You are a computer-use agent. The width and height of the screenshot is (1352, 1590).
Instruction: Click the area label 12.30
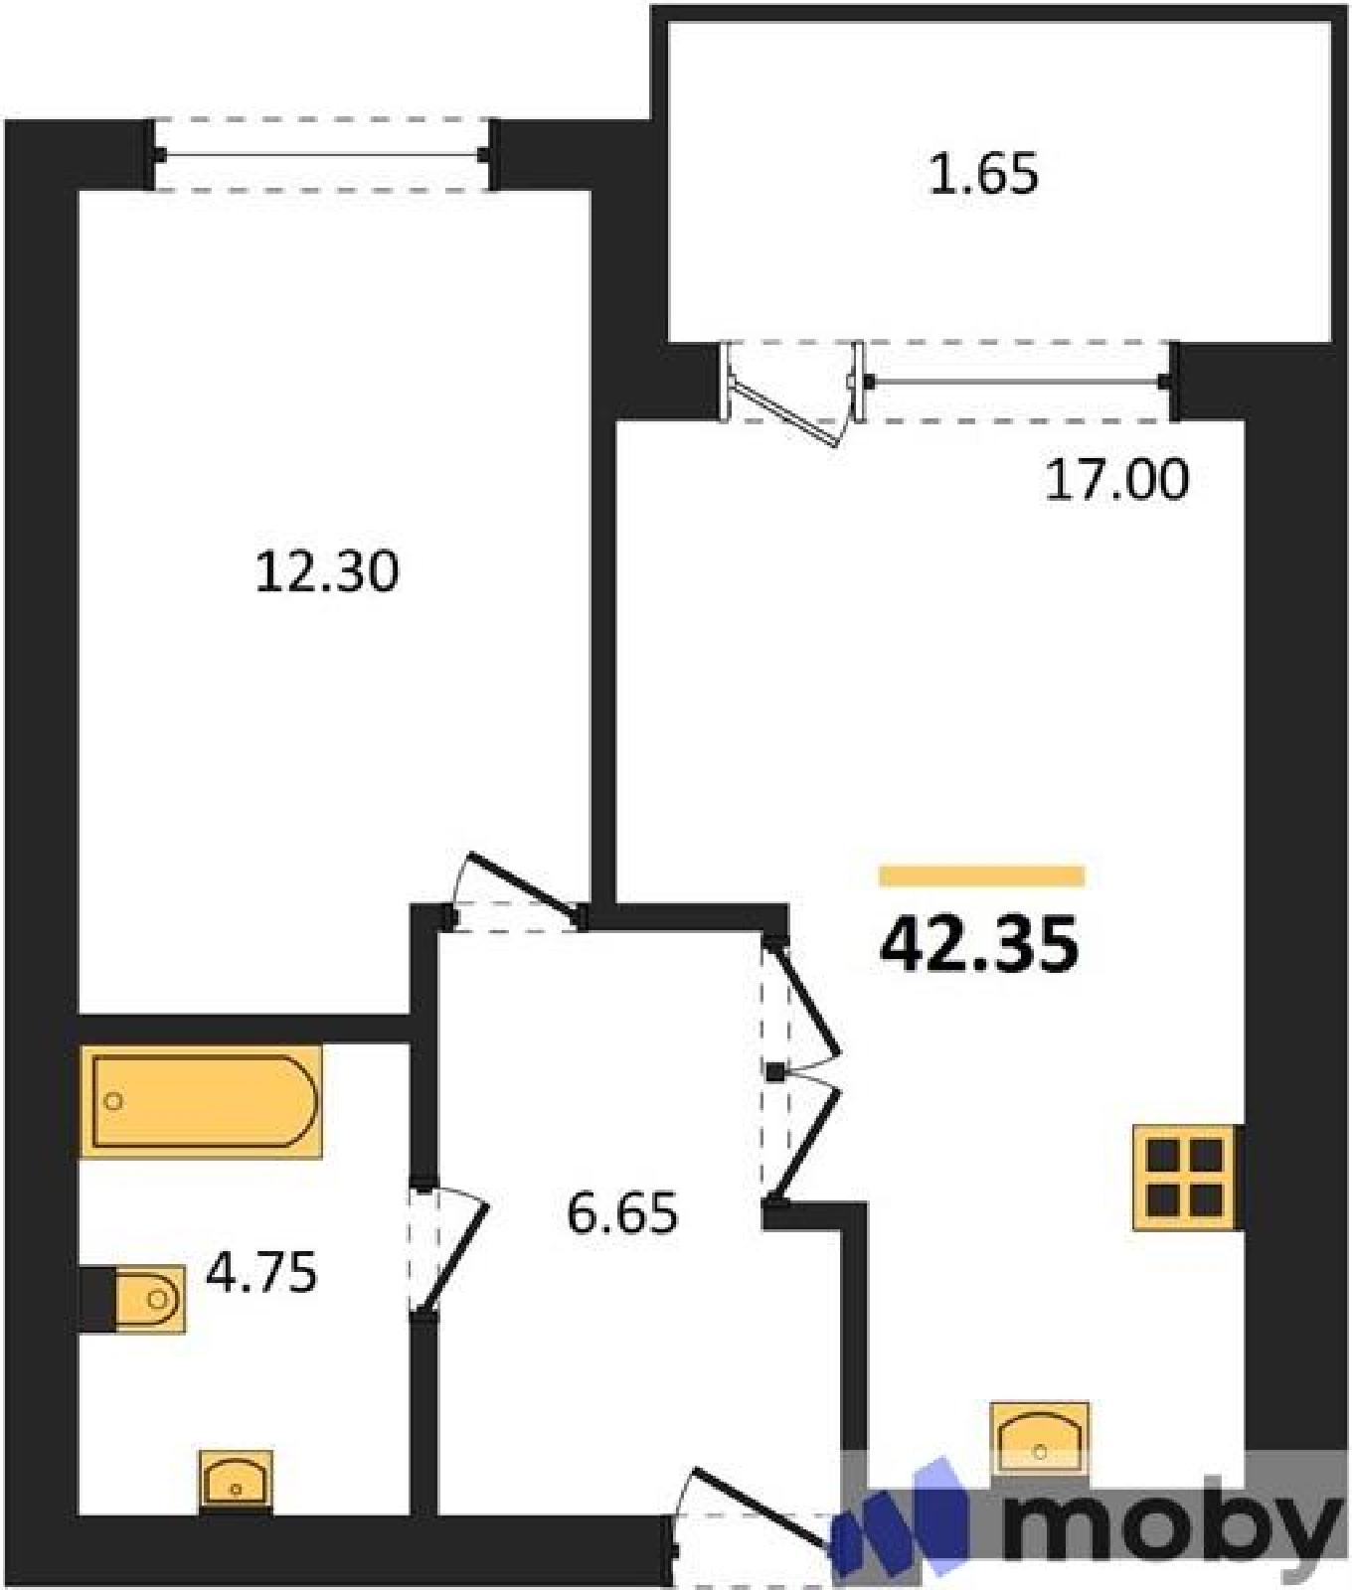tap(327, 572)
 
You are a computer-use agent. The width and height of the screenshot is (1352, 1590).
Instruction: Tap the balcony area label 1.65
tap(983, 173)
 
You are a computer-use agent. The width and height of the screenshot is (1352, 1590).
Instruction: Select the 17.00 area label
tap(1116, 480)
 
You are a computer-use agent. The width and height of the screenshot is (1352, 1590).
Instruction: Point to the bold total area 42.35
tap(979, 943)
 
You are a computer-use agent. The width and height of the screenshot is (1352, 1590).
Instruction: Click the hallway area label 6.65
tap(622, 1212)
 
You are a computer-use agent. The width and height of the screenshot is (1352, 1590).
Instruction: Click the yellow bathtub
tap(202, 1101)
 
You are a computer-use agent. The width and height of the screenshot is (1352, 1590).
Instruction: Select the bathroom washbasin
tap(236, 1481)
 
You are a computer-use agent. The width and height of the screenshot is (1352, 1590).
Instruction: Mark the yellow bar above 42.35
tap(982, 875)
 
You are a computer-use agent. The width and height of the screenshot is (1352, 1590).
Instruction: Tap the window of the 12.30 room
tap(321, 154)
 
